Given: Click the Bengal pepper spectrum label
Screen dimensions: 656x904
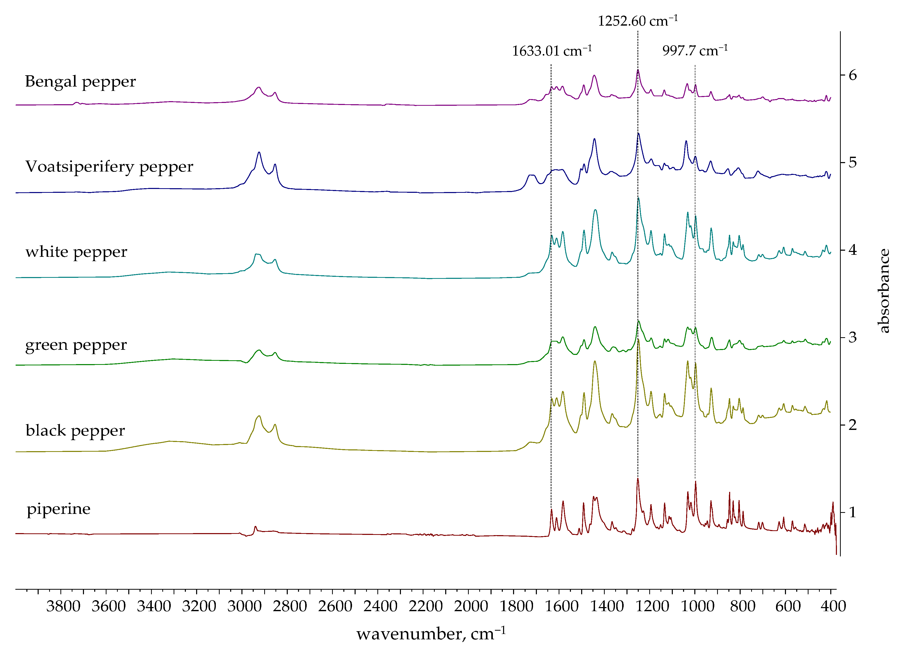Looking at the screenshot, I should (x=80, y=82).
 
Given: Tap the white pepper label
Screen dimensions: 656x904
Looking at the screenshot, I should (x=76, y=252).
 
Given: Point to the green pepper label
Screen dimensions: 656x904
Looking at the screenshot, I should (x=76, y=345).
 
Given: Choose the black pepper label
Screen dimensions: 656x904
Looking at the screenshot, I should (x=75, y=430).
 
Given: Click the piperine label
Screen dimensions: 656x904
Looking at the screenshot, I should (x=59, y=509).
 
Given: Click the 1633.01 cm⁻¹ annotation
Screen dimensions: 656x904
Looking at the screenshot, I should (x=552, y=51).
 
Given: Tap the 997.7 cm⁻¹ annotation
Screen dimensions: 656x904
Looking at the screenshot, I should (x=695, y=51).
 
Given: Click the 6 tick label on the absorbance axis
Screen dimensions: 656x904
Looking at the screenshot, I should (x=853, y=75).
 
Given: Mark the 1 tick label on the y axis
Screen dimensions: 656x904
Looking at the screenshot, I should (x=853, y=512).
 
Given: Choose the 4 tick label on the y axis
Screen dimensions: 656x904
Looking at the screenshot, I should (x=853, y=250).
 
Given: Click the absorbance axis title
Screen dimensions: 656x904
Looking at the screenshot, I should (x=884, y=291).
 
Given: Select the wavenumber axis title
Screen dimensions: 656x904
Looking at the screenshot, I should (x=430, y=634).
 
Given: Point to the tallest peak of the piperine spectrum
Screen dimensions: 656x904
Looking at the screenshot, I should (x=638, y=479).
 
